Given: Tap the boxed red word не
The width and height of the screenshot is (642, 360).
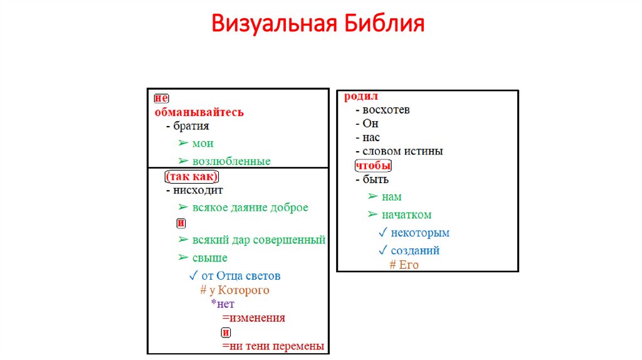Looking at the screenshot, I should pos(161,98).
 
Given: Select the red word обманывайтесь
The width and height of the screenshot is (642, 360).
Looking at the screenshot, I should pos(199,112).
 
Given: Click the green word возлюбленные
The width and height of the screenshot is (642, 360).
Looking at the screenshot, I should pos(231,161).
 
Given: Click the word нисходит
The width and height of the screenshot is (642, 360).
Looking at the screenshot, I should pos(198,189).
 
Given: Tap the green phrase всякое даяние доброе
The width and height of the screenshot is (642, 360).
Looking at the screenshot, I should pos(250,208).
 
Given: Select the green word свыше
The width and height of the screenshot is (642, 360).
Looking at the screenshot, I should pos(210,258).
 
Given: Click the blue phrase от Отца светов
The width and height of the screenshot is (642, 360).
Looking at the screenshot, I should pos(241,275).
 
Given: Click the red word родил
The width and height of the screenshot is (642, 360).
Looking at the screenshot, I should pos(361,97).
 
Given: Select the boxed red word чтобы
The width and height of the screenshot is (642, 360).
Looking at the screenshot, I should pos(373,166).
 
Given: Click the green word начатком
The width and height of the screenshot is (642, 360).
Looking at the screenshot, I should pos(406,214).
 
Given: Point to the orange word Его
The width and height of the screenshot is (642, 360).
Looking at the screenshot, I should pos(408,265).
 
